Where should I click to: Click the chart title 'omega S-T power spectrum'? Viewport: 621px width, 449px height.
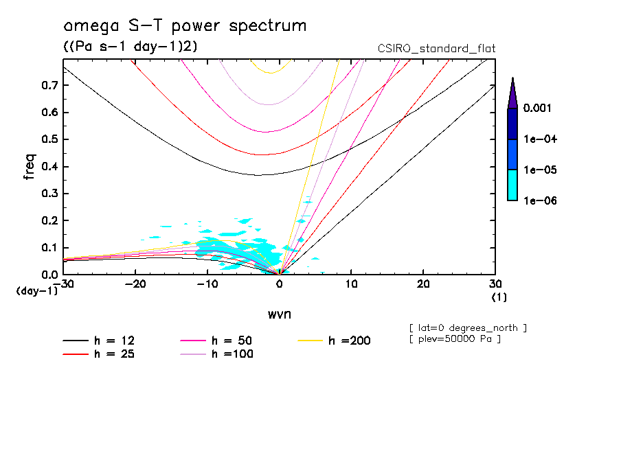(184, 26)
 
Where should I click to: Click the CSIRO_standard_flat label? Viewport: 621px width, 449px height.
(437, 48)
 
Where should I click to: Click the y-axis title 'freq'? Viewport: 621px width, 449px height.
(29, 167)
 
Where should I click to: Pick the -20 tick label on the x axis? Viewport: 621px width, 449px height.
(135, 284)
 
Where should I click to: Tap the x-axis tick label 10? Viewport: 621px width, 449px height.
(351, 284)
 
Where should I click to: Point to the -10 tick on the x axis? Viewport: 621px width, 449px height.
(207, 284)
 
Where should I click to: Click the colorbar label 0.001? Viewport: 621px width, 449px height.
(539, 108)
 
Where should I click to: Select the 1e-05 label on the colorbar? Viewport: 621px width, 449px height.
(539, 170)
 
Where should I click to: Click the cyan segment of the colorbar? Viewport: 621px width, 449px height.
(512, 185)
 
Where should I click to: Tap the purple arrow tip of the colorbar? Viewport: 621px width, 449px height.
(512, 93)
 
